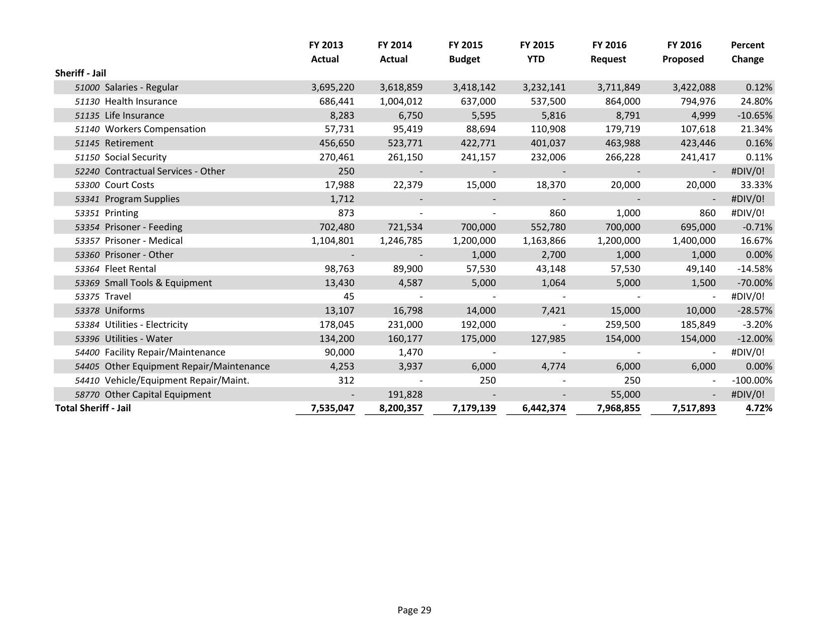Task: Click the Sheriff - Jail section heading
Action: [x=80, y=73]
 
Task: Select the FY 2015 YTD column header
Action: [x=537, y=52]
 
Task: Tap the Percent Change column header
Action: [x=747, y=52]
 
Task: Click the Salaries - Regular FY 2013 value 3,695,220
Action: [x=333, y=87]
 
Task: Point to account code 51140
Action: [x=87, y=129]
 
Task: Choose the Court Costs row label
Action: [x=129, y=185]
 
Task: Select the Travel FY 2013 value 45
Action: [x=349, y=297]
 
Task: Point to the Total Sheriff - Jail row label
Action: [x=93, y=408]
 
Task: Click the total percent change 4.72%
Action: [x=759, y=408]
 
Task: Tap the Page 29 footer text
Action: [x=414, y=610]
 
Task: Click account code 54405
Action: [x=87, y=367]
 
